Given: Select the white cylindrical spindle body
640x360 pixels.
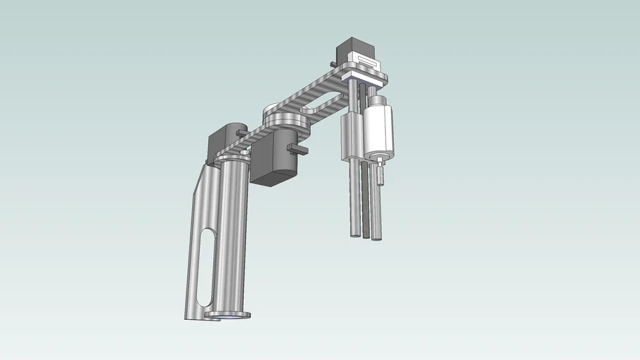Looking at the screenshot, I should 378,128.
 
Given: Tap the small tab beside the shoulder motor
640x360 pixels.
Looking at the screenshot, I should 242,132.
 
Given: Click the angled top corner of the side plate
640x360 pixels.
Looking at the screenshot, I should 206,169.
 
